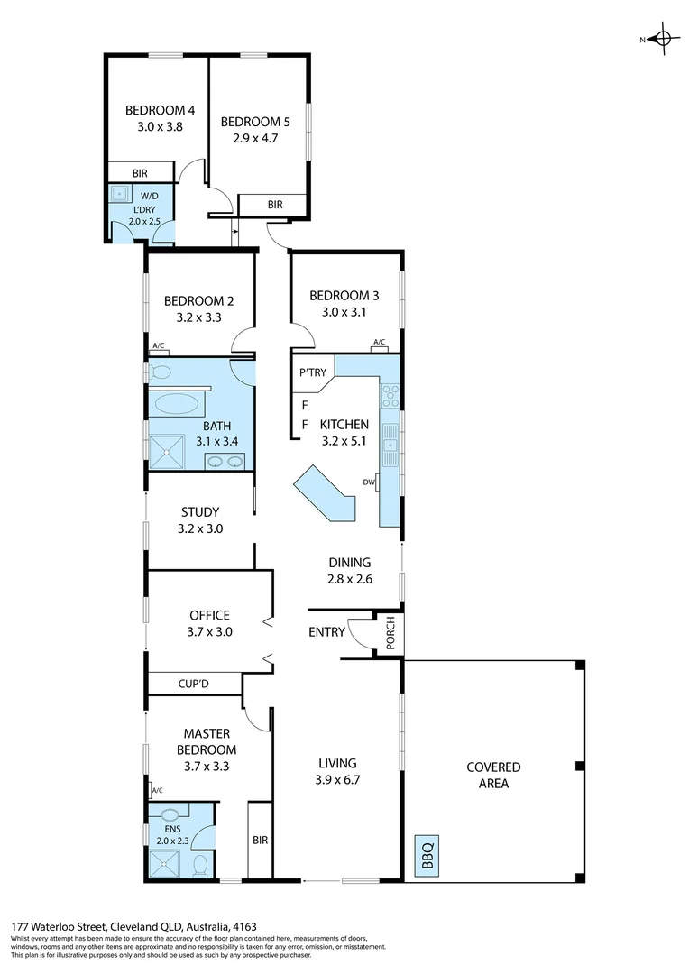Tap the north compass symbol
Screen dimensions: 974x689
pos(663,39)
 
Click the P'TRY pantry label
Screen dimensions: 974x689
pos(311,371)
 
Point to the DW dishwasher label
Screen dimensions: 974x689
pos(368,482)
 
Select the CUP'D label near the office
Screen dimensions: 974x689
pos(193,685)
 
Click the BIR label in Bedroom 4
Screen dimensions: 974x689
pos(140,173)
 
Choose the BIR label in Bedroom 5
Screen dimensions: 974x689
pos(275,206)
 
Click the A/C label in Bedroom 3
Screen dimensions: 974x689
pos(379,343)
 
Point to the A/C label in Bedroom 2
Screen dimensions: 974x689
pos(159,346)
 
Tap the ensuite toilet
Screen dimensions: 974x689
pos(202,867)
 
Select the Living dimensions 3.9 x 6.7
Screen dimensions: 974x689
pos(337,780)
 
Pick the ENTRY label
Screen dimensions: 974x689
pos(326,632)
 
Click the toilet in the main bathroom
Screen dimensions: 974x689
pos(160,372)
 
